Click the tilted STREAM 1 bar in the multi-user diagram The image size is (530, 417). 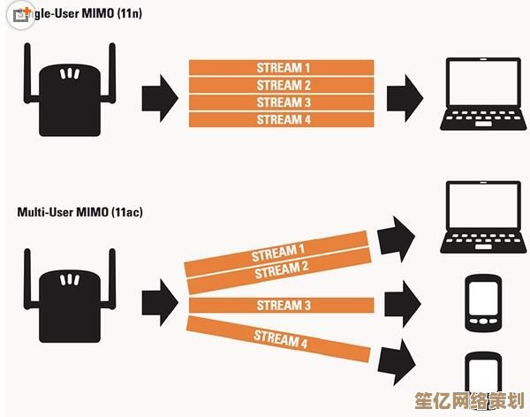tap(276, 253)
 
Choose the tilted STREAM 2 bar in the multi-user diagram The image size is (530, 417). tap(276, 270)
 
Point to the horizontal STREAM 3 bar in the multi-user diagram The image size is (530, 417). tap(277, 306)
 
